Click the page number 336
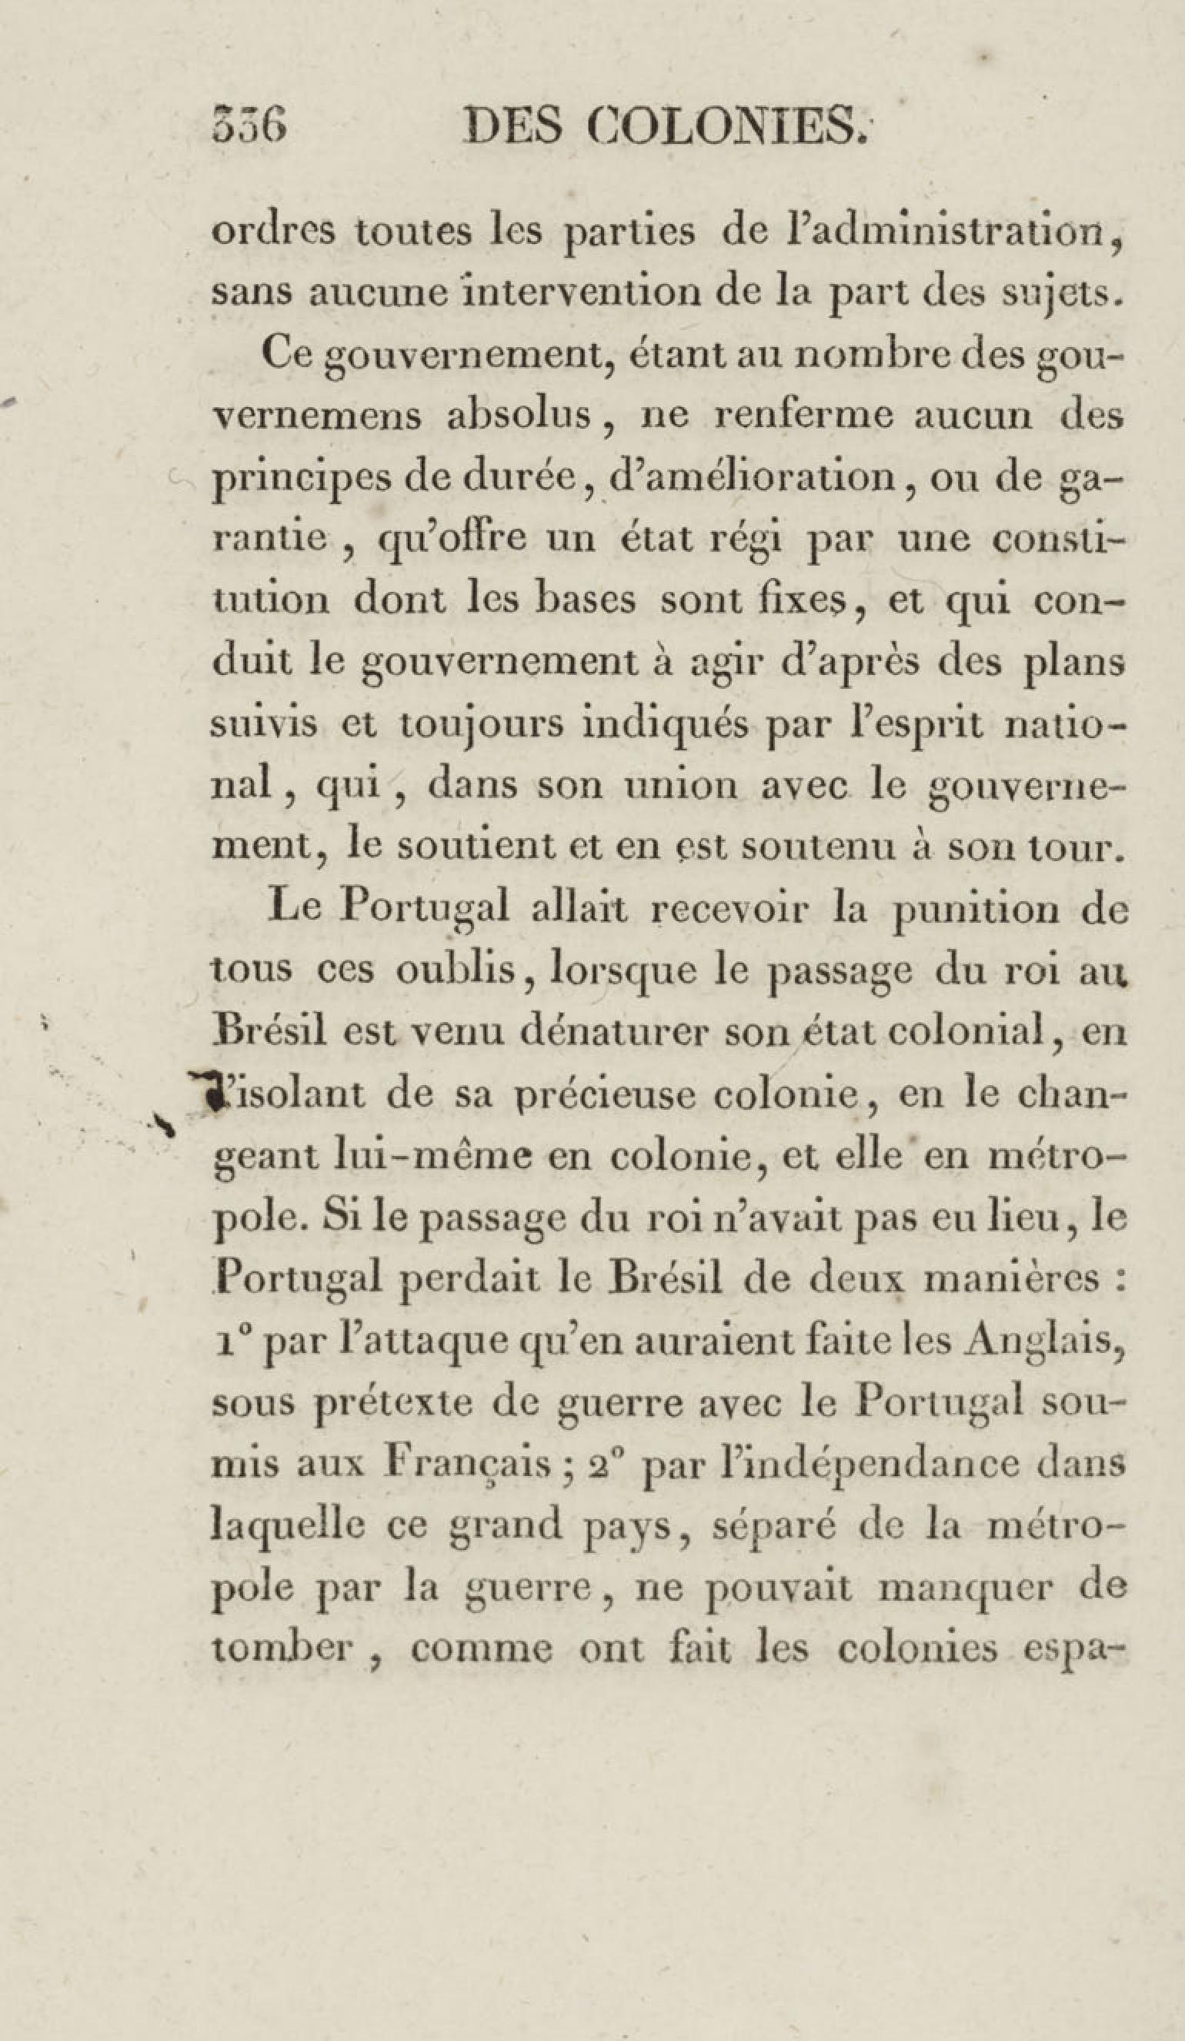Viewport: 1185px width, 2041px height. point(249,127)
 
